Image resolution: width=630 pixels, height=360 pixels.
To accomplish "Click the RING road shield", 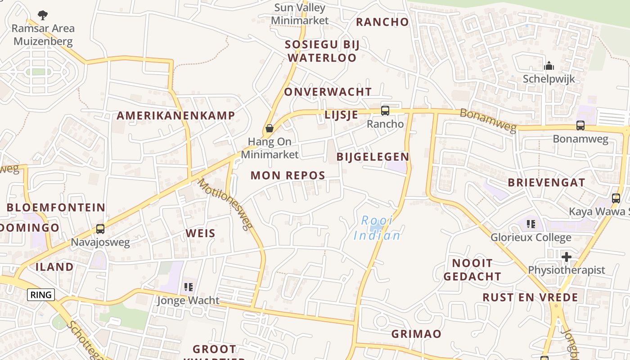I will click(x=41, y=295).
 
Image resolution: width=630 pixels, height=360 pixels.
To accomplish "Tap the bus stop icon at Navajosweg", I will click(x=100, y=229).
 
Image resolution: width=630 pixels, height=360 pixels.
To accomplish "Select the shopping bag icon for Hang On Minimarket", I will click(x=269, y=128).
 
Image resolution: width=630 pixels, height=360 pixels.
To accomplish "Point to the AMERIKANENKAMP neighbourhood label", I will click(x=176, y=115).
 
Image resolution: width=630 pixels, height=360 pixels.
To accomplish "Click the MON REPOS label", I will click(x=288, y=175).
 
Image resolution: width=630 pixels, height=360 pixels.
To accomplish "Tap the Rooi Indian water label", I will click(x=377, y=228).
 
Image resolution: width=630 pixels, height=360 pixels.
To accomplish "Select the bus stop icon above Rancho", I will click(x=385, y=110).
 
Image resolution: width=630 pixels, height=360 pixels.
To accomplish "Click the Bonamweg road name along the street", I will click(x=488, y=121).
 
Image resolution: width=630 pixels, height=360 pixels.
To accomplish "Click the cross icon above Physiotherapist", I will click(x=567, y=257).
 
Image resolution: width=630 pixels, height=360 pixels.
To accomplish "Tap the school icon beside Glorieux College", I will click(x=531, y=224).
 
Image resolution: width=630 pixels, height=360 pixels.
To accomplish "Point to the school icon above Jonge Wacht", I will click(x=188, y=287).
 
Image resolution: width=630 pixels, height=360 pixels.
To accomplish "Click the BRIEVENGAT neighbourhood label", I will click(x=546, y=183).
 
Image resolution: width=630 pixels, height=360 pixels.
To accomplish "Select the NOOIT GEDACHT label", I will click(x=472, y=270).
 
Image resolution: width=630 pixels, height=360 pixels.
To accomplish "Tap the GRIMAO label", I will click(x=416, y=334).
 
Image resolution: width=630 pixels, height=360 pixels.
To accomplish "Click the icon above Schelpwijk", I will click(x=549, y=66).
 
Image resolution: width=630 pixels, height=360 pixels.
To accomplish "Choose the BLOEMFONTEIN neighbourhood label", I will click(x=56, y=207).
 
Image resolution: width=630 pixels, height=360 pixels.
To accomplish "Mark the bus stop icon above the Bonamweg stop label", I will click(x=580, y=126).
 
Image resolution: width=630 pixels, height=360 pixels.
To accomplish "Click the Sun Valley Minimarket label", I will click(x=300, y=14).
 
